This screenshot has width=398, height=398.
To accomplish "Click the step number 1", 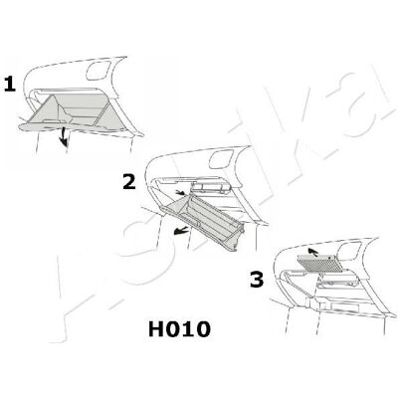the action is pyautogui.click(x=10, y=85).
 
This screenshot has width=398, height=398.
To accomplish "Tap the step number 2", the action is pyautogui.click(x=129, y=182).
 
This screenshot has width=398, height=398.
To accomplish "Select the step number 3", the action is pyautogui.click(x=257, y=280).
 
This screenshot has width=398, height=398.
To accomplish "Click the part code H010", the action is pyautogui.click(x=179, y=329).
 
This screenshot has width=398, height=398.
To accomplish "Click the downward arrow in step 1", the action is pyautogui.click(x=64, y=136).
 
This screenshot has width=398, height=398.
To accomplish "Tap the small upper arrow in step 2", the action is pyautogui.click(x=180, y=193).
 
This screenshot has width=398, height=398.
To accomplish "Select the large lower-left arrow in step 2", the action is pyautogui.click(x=180, y=230).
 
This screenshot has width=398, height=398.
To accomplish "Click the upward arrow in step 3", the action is pyautogui.click(x=311, y=252).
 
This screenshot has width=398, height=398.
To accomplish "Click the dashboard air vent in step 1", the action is pyautogui.click(x=98, y=71).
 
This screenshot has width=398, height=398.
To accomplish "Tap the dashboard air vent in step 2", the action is pyautogui.click(x=221, y=159).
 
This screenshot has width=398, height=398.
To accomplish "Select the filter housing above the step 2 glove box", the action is pyautogui.click(x=211, y=188).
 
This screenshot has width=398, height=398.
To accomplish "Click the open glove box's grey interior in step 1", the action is pyautogui.click(x=77, y=110).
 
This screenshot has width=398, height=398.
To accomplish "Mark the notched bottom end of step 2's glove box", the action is pyautogui.click(x=234, y=244).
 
